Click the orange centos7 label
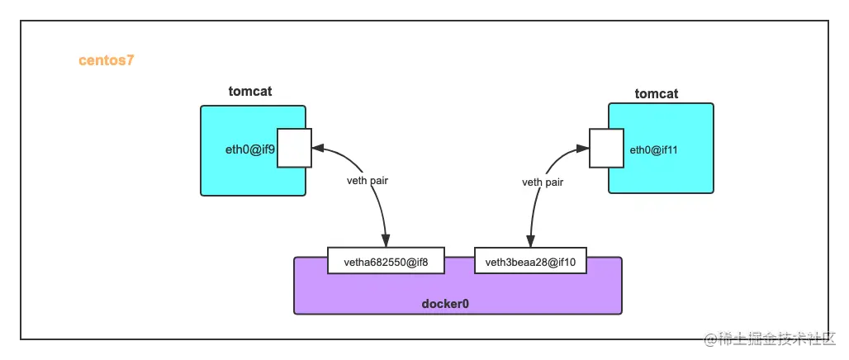tap(107, 60)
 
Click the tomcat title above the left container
tap(249, 91)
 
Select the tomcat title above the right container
tap(656, 93)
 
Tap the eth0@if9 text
tap(250, 149)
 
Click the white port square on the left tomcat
tap(294, 148)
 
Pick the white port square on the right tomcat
tap(605, 148)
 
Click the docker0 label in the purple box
tap(445, 303)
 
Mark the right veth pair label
tap(543, 182)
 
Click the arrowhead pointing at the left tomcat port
tap(318, 149)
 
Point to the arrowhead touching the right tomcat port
tap(582, 149)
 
